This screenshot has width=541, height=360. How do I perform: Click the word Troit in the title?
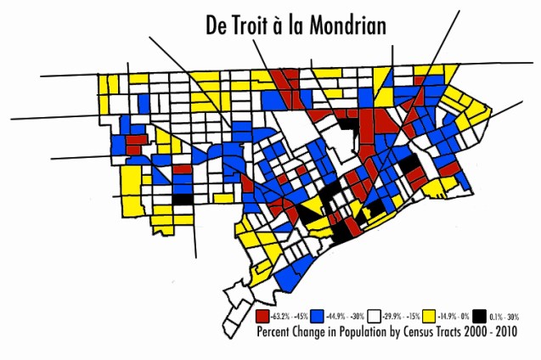[x=260, y=25]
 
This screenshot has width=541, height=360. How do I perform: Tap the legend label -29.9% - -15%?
[x=401, y=314]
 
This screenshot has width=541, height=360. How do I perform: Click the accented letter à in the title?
[x=291, y=25]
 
